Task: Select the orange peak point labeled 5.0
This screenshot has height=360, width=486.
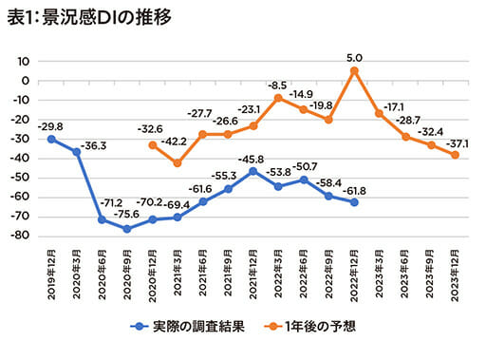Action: pos(353,70)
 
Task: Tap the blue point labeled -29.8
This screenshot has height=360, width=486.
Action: pos(51,139)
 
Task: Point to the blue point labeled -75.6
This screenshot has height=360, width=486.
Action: pos(127,228)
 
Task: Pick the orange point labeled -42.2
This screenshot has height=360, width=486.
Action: pos(178,162)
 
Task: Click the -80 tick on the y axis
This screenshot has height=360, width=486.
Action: pos(22,237)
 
